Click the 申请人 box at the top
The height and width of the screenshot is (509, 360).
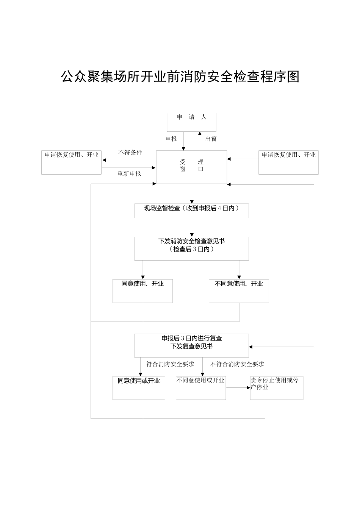191,122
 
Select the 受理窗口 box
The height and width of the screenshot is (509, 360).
191,167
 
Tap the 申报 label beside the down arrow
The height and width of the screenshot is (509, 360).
171,139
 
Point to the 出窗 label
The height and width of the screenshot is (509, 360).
211,139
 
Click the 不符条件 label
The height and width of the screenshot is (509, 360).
130,153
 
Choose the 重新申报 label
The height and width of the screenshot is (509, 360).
129,173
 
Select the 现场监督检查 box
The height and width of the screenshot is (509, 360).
191,211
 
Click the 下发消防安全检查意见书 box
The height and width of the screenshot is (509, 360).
191,248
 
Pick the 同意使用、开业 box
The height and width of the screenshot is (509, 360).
142,291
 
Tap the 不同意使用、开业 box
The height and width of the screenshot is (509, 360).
239,291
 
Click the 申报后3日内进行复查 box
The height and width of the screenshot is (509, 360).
191,345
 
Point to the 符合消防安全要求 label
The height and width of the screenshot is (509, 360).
170,364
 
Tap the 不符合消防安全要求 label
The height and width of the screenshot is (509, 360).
237,364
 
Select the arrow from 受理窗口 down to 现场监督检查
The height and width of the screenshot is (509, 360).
192,194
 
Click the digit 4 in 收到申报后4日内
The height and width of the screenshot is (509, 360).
219,208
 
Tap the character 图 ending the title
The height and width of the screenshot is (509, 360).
293,77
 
